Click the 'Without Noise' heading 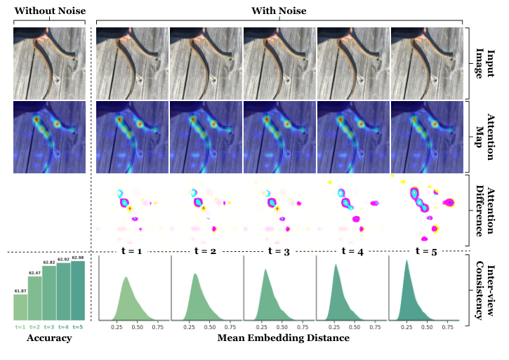coord(48,11)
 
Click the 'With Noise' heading coord(282,11)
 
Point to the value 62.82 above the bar coord(50,262)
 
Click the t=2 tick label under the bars coord(35,326)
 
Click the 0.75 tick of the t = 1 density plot coord(158,326)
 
